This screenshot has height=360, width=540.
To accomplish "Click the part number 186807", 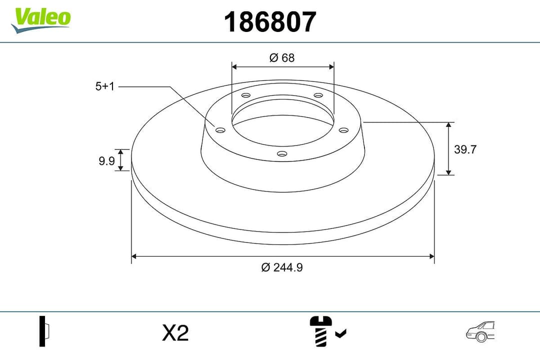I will pyautogui.click(x=270, y=22).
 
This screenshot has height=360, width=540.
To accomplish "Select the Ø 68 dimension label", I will pyautogui.click(x=282, y=57).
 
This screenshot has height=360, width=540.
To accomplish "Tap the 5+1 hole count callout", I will pyautogui.click(x=105, y=86).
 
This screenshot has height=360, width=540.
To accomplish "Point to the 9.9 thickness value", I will pyautogui.click(x=106, y=160).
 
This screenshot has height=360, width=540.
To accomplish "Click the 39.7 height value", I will pyautogui.click(x=464, y=149).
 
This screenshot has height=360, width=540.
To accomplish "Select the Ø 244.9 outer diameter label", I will pyautogui.click(x=282, y=267).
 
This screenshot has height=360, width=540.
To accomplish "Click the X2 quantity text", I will pyautogui.click(x=175, y=332).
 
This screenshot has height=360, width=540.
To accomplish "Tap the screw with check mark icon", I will pyautogui.click(x=327, y=331).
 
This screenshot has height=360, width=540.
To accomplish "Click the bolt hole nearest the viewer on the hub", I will pyautogui.click(x=282, y=153).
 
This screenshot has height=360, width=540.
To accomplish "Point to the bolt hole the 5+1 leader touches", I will pyautogui.click(x=220, y=130).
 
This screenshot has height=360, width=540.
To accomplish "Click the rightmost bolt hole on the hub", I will pyautogui.click(x=343, y=130).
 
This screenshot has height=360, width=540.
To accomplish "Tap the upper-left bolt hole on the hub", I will pyautogui.click(x=245, y=95).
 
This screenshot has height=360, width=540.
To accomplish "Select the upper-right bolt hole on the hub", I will pyautogui.click(x=317, y=95).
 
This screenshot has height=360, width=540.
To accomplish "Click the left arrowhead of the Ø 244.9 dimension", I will pyautogui.click(x=134, y=256).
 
